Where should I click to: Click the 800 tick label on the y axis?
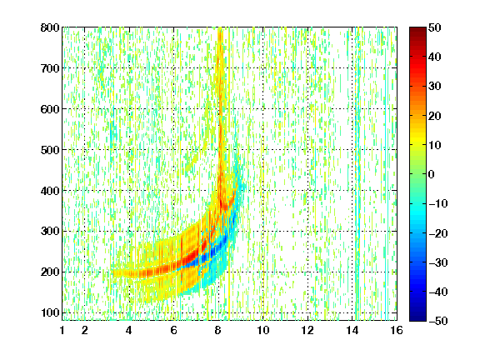[x=50, y=27]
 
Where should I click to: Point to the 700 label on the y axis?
[x=50, y=68]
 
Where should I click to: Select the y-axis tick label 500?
[x=50, y=150]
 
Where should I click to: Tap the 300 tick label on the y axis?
[x=50, y=232]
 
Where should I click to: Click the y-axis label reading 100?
[x=50, y=312]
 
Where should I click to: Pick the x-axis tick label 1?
[x=62, y=330]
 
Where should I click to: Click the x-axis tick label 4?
[x=129, y=330]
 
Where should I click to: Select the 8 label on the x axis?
[x=218, y=330]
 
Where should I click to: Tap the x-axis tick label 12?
[x=307, y=330]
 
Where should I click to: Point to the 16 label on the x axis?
[x=397, y=330]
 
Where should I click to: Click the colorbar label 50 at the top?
[x=434, y=27]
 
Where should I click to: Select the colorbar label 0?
[x=432, y=174]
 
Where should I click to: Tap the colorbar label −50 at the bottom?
[x=438, y=321]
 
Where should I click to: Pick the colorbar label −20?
[x=438, y=233]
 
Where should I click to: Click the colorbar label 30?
[x=434, y=87]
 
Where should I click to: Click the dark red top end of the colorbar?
[x=417, y=28]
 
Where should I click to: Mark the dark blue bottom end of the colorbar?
[x=417, y=319]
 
